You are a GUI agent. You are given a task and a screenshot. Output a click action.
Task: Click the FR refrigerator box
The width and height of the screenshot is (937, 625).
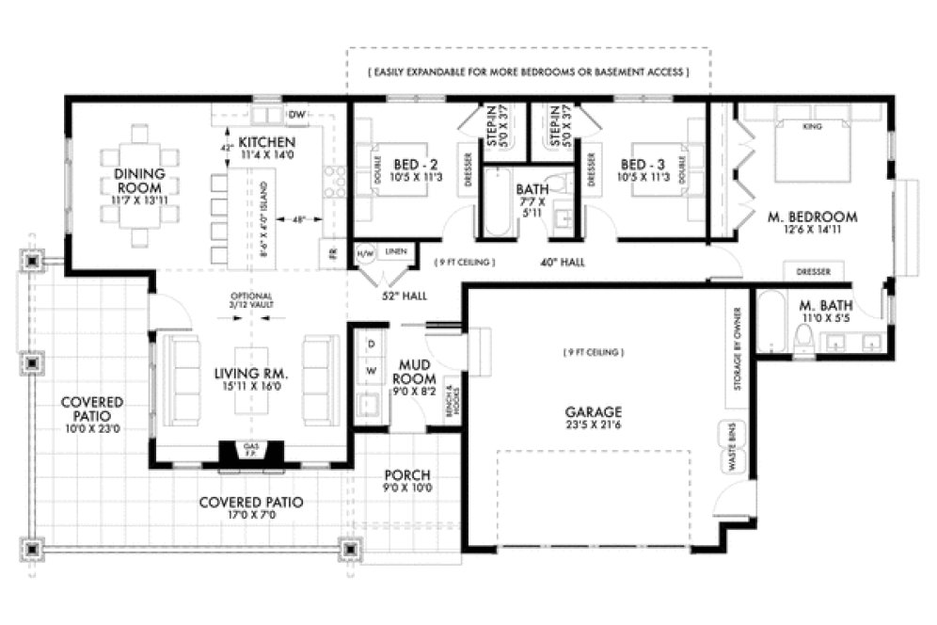(332, 251)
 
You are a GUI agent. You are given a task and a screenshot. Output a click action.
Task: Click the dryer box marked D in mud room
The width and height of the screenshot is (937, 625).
(370, 344)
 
